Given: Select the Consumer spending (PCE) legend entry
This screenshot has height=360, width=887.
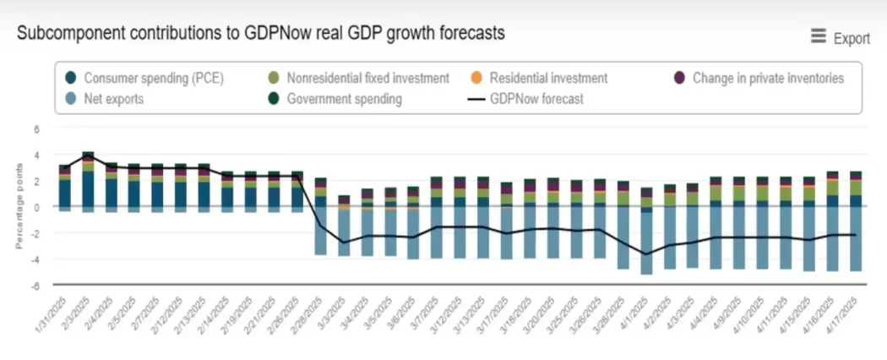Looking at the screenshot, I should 139,79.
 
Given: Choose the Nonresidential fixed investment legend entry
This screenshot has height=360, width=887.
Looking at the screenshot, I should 367,79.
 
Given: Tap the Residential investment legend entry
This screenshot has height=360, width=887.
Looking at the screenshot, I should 547,79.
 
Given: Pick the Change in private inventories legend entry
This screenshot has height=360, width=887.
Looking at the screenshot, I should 767,79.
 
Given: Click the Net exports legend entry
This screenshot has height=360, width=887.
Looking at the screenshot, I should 113,99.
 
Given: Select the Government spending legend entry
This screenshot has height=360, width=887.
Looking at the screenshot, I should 344,99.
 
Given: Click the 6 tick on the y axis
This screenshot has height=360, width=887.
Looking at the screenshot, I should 36,129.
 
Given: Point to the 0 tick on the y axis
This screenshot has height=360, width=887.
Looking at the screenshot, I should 36,207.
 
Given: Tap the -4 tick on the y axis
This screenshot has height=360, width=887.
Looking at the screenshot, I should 35,259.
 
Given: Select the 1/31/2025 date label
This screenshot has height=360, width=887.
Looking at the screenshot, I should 52,312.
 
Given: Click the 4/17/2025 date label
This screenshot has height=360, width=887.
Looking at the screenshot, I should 844,312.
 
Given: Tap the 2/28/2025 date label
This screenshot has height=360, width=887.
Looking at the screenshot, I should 308,312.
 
